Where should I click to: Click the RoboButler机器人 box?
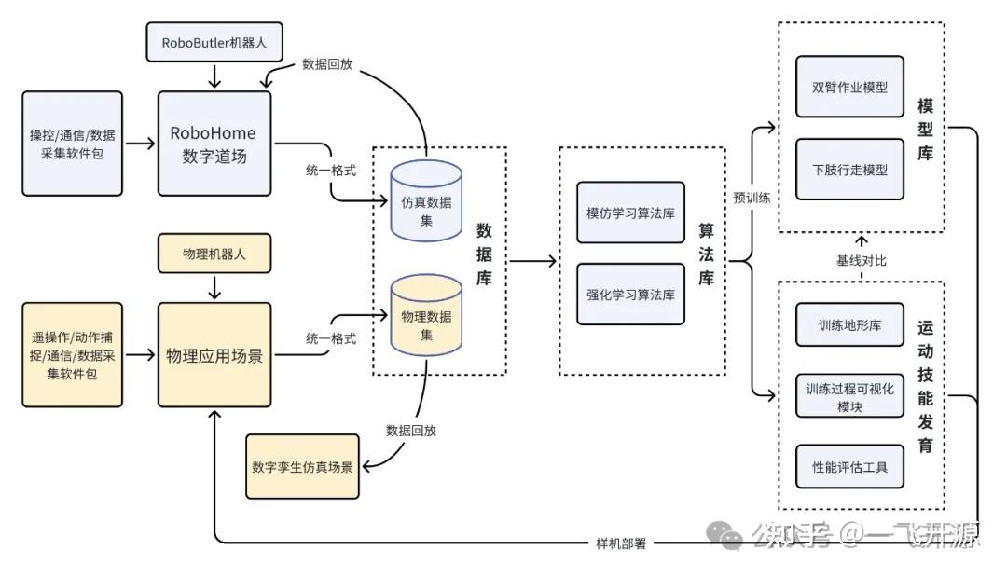pyautogui.click(x=214, y=42)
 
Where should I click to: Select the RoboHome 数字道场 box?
pyautogui.click(x=214, y=144)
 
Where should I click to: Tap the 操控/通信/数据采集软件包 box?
pyautogui.click(x=73, y=144)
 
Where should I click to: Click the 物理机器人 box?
pyautogui.click(x=214, y=254)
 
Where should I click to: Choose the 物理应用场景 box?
pyautogui.click(x=214, y=355)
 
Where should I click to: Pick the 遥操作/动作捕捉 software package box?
pyautogui.click(x=73, y=355)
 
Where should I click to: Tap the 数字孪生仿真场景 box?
pyautogui.click(x=302, y=466)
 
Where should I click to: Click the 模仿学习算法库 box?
pyautogui.click(x=630, y=213)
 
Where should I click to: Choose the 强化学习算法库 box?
pyautogui.click(x=630, y=295)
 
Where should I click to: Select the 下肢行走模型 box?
pyautogui.click(x=849, y=170)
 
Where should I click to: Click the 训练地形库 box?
pyautogui.click(x=849, y=324)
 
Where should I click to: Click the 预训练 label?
pyautogui.click(x=752, y=198)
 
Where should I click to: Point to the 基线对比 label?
pyautogui.click(x=861, y=260)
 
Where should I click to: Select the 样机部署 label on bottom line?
pyautogui.click(x=620, y=543)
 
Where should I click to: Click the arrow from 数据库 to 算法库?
pyautogui.click(x=531, y=262)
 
